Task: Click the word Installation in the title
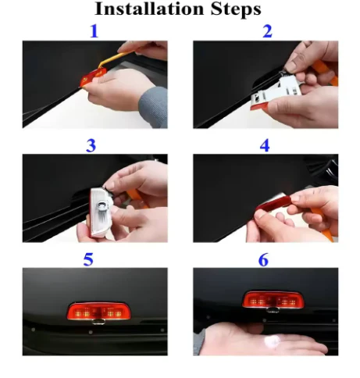click(149, 9)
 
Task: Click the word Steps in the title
click(236, 9)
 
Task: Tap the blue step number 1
click(94, 31)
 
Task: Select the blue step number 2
click(267, 31)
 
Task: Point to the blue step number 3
click(91, 145)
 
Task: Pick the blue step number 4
click(265, 145)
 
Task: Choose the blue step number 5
click(88, 259)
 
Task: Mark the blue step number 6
click(263, 259)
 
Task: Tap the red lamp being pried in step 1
click(93, 76)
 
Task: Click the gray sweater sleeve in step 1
click(154, 107)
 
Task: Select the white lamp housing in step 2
click(275, 93)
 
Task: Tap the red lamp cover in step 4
click(273, 203)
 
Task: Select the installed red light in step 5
click(98, 311)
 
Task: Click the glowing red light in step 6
click(273, 300)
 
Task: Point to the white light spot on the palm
click(273, 341)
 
